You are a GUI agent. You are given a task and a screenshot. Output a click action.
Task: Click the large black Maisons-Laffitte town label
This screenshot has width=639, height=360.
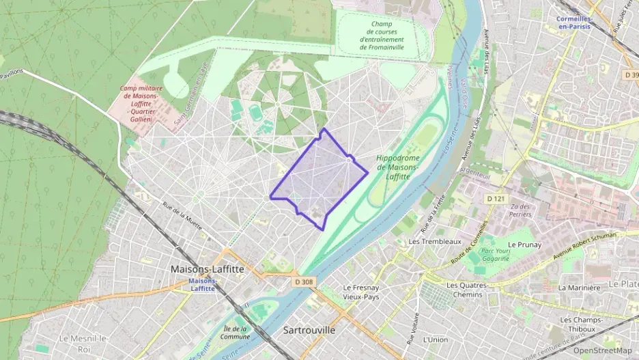(x=207, y=269)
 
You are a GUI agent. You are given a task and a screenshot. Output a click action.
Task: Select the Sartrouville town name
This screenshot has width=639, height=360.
(x=309, y=330)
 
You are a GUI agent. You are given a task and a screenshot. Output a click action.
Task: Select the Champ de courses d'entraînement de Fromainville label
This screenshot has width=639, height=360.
(x=382, y=35)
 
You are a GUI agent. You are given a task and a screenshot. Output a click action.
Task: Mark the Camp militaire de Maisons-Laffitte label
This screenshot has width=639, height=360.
(x=137, y=103)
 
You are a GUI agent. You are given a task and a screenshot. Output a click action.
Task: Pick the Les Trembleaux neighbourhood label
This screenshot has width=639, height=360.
(x=435, y=242)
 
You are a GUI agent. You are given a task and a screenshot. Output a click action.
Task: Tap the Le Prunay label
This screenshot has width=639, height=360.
(x=524, y=245)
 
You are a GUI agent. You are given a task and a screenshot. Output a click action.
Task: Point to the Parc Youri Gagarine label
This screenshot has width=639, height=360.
(x=495, y=254)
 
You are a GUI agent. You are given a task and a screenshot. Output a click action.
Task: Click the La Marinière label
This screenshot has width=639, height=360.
(x=579, y=288)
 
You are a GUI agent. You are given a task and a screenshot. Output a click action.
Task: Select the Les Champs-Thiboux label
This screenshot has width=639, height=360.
(x=581, y=324)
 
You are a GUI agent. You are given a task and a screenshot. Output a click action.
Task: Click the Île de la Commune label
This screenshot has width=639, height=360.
(x=236, y=332)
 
